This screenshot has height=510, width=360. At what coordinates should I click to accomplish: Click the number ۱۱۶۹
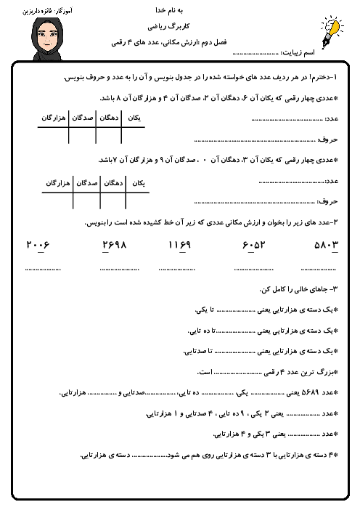[x=181, y=245]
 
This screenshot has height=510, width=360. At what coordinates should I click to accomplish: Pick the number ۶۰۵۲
[x=255, y=245]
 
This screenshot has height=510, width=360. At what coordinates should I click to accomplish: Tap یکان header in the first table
[x=133, y=117]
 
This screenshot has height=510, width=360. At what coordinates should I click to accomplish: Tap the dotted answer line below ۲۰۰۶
[x=41, y=270]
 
